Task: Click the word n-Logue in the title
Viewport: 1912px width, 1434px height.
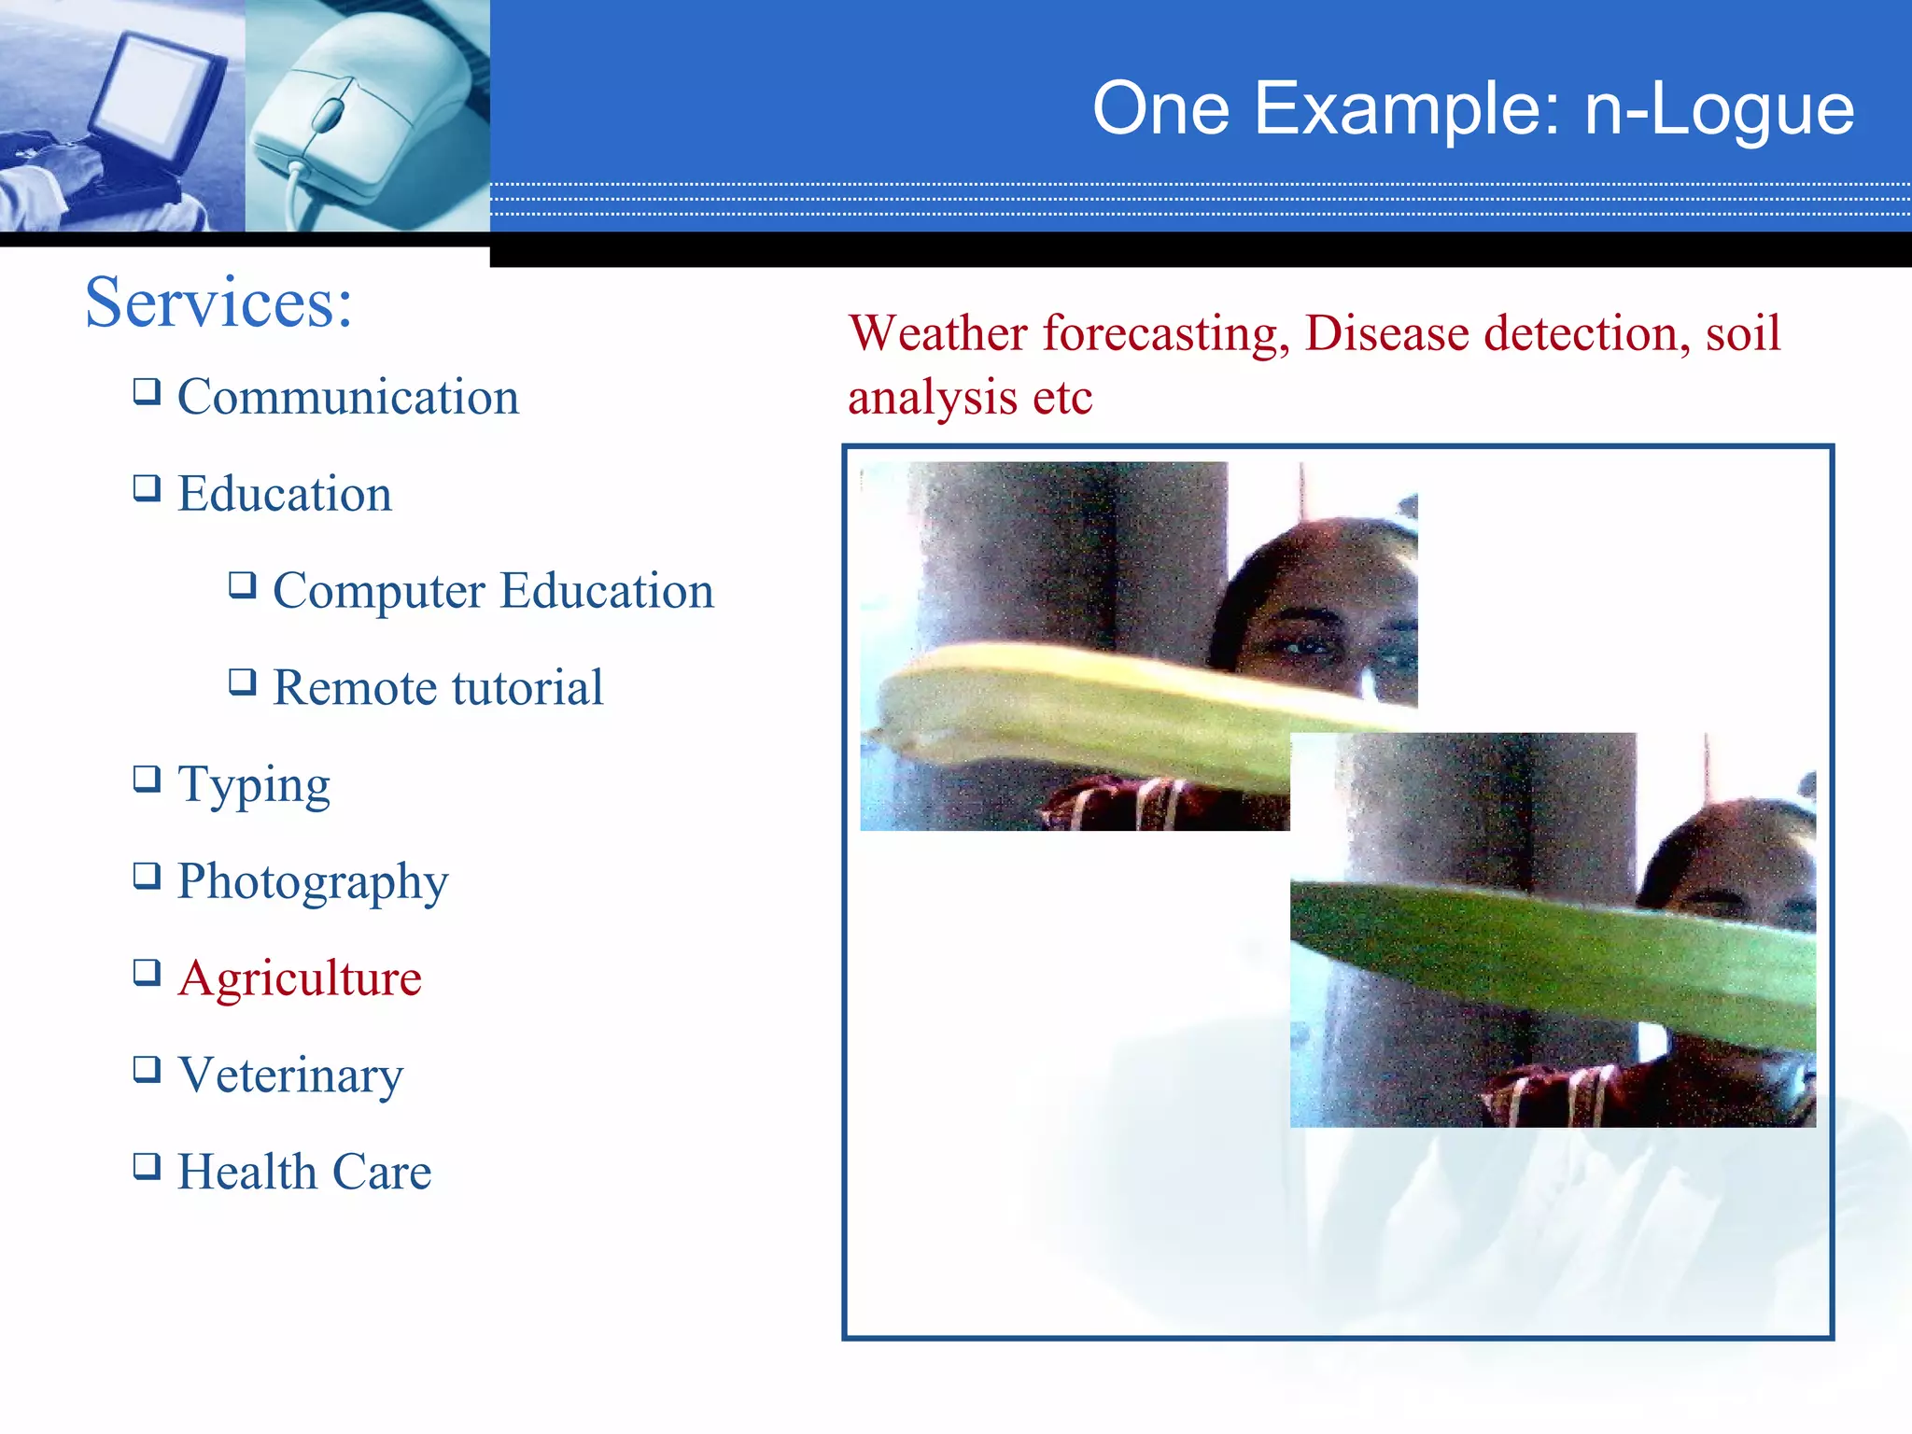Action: coord(1719,110)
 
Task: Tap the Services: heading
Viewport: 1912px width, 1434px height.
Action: coord(218,302)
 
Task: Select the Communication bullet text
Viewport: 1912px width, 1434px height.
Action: coord(347,397)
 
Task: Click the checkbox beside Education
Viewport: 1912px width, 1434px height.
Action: coord(147,488)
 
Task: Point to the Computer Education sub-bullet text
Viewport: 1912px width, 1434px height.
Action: coord(493,591)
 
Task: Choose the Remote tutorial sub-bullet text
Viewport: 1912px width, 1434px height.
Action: coord(438,688)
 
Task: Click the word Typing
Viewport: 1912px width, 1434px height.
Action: coord(253,785)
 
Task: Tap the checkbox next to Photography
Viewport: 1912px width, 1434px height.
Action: coord(147,876)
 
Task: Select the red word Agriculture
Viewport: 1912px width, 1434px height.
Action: coord(299,978)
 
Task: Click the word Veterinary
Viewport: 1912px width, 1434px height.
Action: coord(290,1075)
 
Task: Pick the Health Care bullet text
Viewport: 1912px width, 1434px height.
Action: coord(304,1172)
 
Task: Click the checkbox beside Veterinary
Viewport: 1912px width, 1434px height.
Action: coord(147,1069)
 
